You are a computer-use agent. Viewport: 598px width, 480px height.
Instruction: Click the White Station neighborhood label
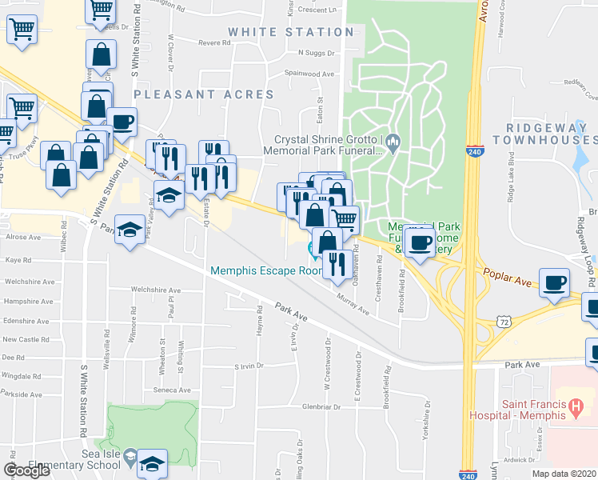tap(290, 32)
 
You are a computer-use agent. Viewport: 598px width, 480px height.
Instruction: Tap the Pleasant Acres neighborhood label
tap(204, 94)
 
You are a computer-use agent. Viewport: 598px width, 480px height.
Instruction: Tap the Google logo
tap(26, 470)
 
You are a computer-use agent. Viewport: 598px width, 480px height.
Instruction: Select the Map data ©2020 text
tap(564, 474)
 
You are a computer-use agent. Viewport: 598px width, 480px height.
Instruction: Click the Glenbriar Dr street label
tap(306, 406)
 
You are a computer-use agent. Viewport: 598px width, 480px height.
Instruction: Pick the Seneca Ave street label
tap(173, 390)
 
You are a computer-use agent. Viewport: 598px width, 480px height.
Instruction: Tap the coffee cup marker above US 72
tap(554, 282)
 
